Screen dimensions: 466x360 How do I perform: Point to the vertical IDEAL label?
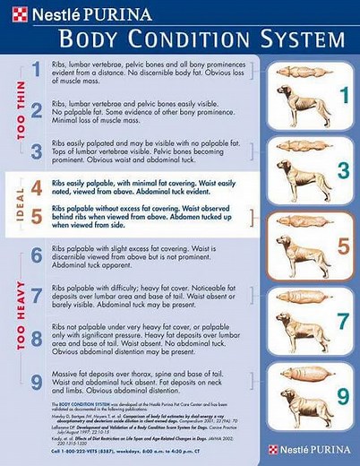pos(19,203)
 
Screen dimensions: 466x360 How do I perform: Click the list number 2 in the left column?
pos(37,111)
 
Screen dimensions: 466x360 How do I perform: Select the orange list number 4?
pos(37,188)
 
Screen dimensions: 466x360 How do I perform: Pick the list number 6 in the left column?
pos(37,255)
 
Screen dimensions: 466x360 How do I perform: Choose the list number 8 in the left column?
pos(37,338)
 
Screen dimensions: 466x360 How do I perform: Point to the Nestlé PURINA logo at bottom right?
pos(309,449)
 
